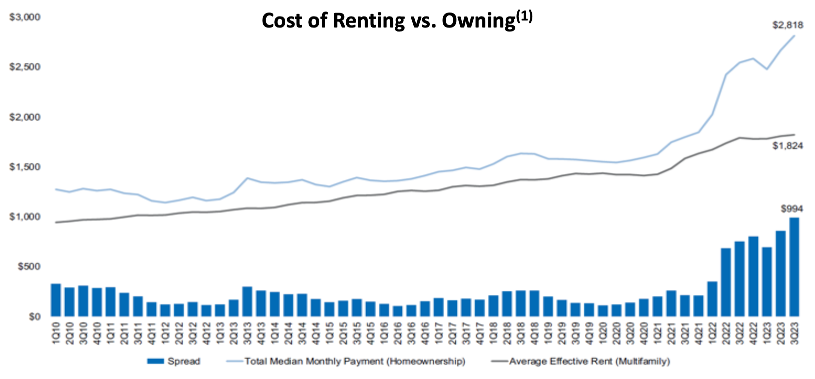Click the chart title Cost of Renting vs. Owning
pos(388,21)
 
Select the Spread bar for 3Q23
pos(794,267)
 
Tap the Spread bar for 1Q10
pos(56,300)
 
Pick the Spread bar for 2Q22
pos(725,282)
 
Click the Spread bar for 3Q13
pos(247,301)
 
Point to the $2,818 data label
pos(787,25)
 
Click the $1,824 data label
pos(787,146)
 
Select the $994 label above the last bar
pos(791,208)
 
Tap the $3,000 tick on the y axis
pos(25,17)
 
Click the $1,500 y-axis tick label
pos(25,167)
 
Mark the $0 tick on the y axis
pos(33,316)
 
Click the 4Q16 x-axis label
pos(425,333)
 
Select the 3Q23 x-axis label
pos(794,333)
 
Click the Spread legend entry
pos(174,361)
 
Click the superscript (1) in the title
pos(524,17)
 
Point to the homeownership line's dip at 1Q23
pos(766,69)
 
